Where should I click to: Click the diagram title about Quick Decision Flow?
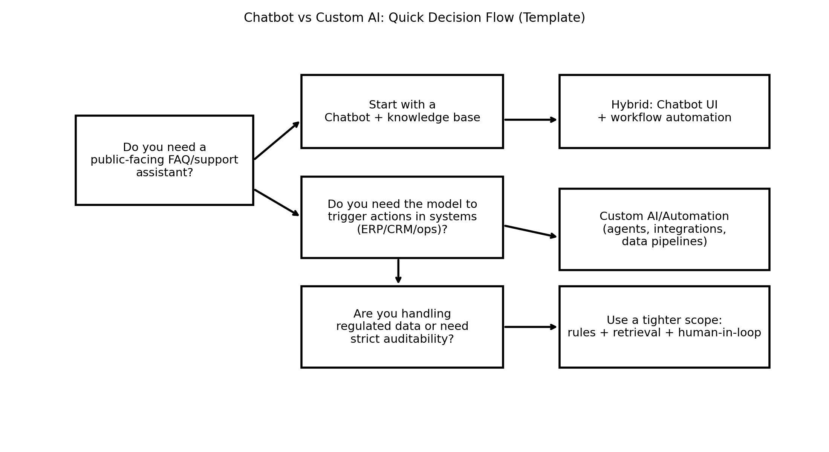(x=414, y=18)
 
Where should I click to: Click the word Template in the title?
(x=551, y=18)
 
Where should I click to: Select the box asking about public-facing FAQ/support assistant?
(x=164, y=160)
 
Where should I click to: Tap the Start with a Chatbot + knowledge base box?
(x=402, y=111)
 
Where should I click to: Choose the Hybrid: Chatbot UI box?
(x=664, y=111)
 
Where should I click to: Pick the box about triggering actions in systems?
(x=402, y=217)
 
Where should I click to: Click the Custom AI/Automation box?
(x=664, y=229)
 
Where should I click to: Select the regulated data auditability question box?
(x=402, y=327)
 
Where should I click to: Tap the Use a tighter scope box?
(x=664, y=327)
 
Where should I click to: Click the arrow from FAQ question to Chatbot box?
(x=277, y=140)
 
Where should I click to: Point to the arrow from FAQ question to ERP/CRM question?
(x=277, y=203)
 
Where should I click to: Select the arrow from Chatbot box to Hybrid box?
(x=531, y=120)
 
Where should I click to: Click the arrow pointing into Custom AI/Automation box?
(x=531, y=231)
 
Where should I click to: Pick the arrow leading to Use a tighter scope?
(x=531, y=327)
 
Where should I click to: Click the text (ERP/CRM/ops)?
(x=402, y=230)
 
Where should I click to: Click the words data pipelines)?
(x=664, y=242)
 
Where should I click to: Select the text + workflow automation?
(x=664, y=118)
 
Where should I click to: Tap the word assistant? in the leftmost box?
(x=164, y=173)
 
